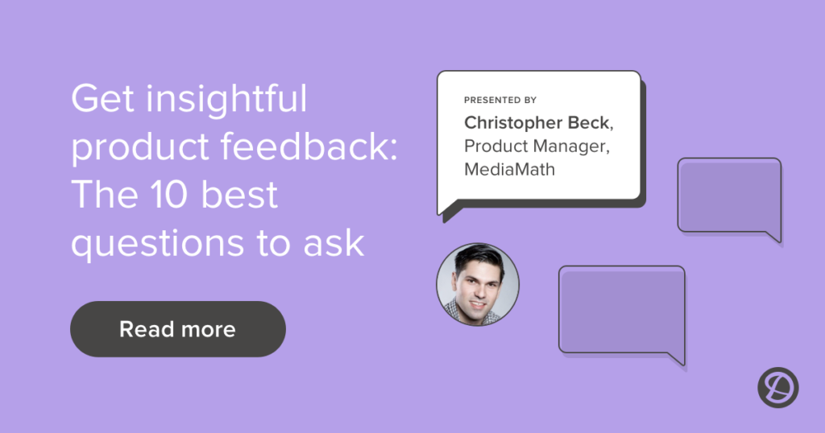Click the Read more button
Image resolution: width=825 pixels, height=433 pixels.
point(177,328)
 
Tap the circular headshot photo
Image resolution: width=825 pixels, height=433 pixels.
point(478,284)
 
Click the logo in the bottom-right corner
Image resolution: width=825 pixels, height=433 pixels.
point(777,388)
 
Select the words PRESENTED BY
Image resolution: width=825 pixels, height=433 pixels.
point(500,101)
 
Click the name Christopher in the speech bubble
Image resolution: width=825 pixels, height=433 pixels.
point(514,123)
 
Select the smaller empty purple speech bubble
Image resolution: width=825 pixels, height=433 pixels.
point(728,194)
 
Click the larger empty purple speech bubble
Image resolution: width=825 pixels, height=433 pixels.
point(621,308)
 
